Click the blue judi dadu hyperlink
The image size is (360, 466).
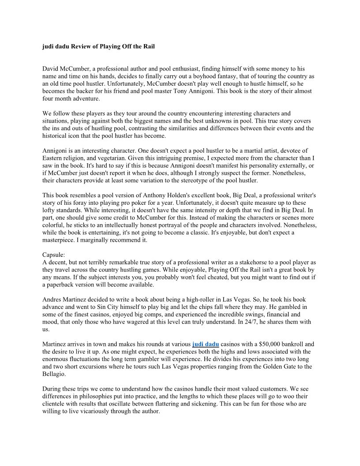206,344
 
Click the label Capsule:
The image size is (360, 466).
54,255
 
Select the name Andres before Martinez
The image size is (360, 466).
52,300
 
